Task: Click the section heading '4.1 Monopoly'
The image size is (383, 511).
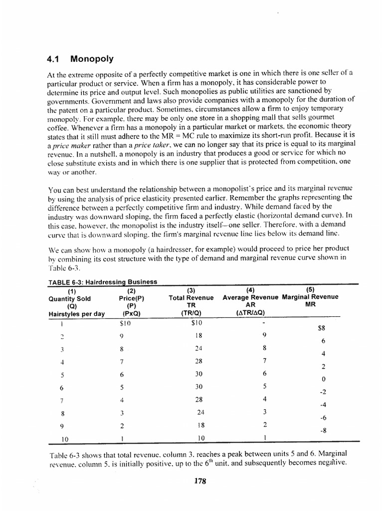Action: coord(79,58)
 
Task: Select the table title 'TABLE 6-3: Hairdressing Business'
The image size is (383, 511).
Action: coord(103,282)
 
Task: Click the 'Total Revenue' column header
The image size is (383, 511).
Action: coord(191,297)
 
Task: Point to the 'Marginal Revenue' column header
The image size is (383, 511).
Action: coord(310,296)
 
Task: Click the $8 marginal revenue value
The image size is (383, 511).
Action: coord(322,329)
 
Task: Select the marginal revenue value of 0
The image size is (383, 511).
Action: coord(323,380)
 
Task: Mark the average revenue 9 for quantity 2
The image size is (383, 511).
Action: coord(264,335)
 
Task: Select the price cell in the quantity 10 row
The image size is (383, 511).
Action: coord(123,439)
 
